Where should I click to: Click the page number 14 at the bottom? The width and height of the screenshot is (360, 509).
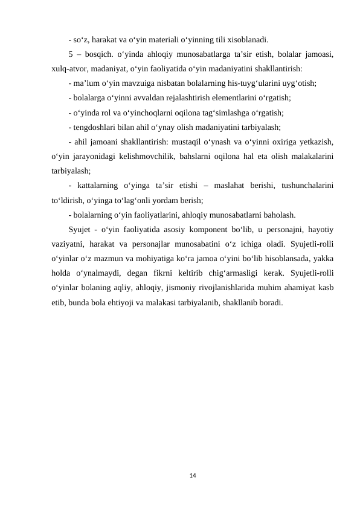coord(193,477)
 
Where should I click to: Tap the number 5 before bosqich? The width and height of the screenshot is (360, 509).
coord(71,55)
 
